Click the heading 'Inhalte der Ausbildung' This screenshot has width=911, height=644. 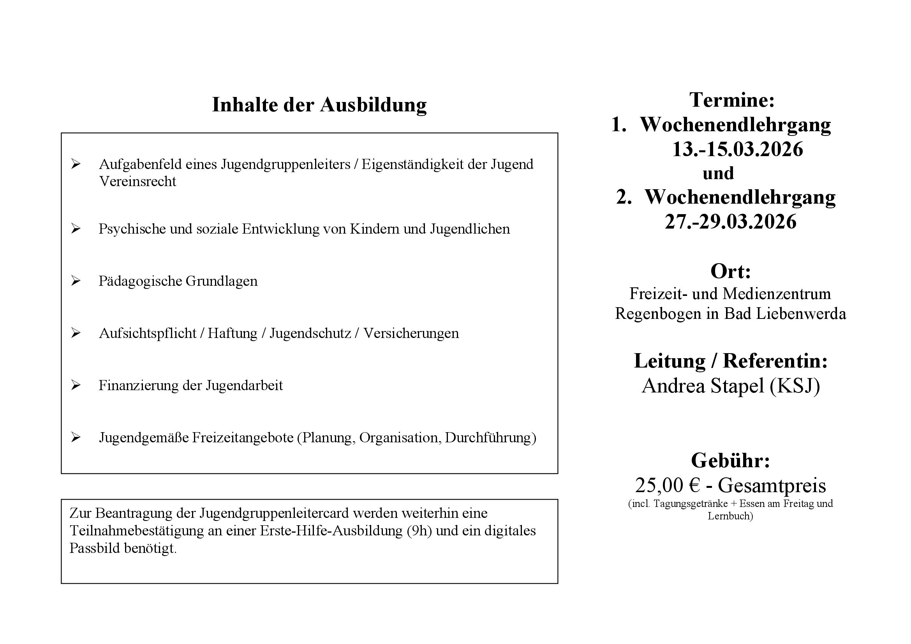pyautogui.click(x=319, y=105)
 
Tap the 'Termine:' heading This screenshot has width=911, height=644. pyautogui.click(x=732, y=100)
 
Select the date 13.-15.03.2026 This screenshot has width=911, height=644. pyautogui.click(x=737, y=150)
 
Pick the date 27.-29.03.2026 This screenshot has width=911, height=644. pyautogui.click(x=730, y=221)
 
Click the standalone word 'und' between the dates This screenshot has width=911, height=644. pyautogui.click(x=718, y=173)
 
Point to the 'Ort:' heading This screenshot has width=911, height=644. pyautogui.click(x=730, y=271)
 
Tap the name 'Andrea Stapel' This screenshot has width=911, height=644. pyautogui.click(x=703, y=385)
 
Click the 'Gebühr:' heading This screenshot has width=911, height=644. pyautogui.click(x=730, y=460)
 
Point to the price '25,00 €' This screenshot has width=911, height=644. pyautogui.click(x=667, y=485)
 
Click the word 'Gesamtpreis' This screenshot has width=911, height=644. pyautogui.click(x=772, y=485)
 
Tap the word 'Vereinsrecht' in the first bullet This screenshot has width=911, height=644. pyautogui.click(x=137, y=181)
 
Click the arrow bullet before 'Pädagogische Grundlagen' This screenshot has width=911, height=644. pyautogui.click(x=76, y=281)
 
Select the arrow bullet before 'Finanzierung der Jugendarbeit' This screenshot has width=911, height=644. pyautogui.click(x=76, y=385)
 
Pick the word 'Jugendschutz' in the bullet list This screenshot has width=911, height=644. pyautogui.click(x=310, y=333)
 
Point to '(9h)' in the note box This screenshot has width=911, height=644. pyautogui.click(x=419, y=531)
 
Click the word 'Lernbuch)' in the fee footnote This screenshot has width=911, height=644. pyautogui.click(x=730, y=516)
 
